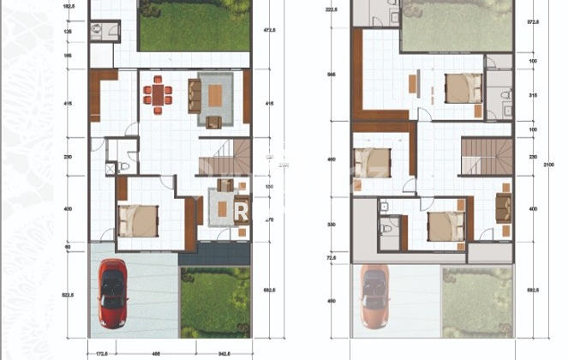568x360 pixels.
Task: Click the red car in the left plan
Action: (x=114, y=294)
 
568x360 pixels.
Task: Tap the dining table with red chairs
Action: (x=157, y=93)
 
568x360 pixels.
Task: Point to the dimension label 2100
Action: (x=558, y=171)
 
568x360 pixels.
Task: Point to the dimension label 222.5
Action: (x=331, y=10)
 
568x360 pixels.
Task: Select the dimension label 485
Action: (x=157, y=352)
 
